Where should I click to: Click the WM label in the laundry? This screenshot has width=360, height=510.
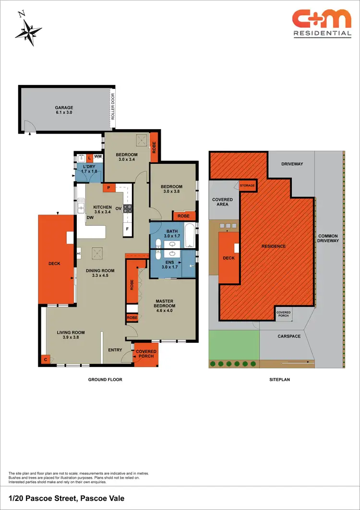tap(97, 157)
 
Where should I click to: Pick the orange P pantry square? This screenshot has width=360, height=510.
tap(109, 187)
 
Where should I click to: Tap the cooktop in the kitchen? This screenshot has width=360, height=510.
tap(128, 208)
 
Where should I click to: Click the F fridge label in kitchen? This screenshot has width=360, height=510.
tap(127, 229)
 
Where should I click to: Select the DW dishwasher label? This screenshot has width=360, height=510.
tap(90, 218)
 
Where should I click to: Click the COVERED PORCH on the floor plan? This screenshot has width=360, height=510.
tap(146, 354)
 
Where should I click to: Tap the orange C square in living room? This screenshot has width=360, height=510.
tap(46, 359)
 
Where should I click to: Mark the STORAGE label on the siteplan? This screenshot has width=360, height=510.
tap(247, 185)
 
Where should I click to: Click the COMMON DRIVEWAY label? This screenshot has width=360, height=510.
tap(328, 238)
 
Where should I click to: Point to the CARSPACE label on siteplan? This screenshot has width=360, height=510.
tap(289, 336)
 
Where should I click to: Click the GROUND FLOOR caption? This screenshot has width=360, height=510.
tap(105, 379)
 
